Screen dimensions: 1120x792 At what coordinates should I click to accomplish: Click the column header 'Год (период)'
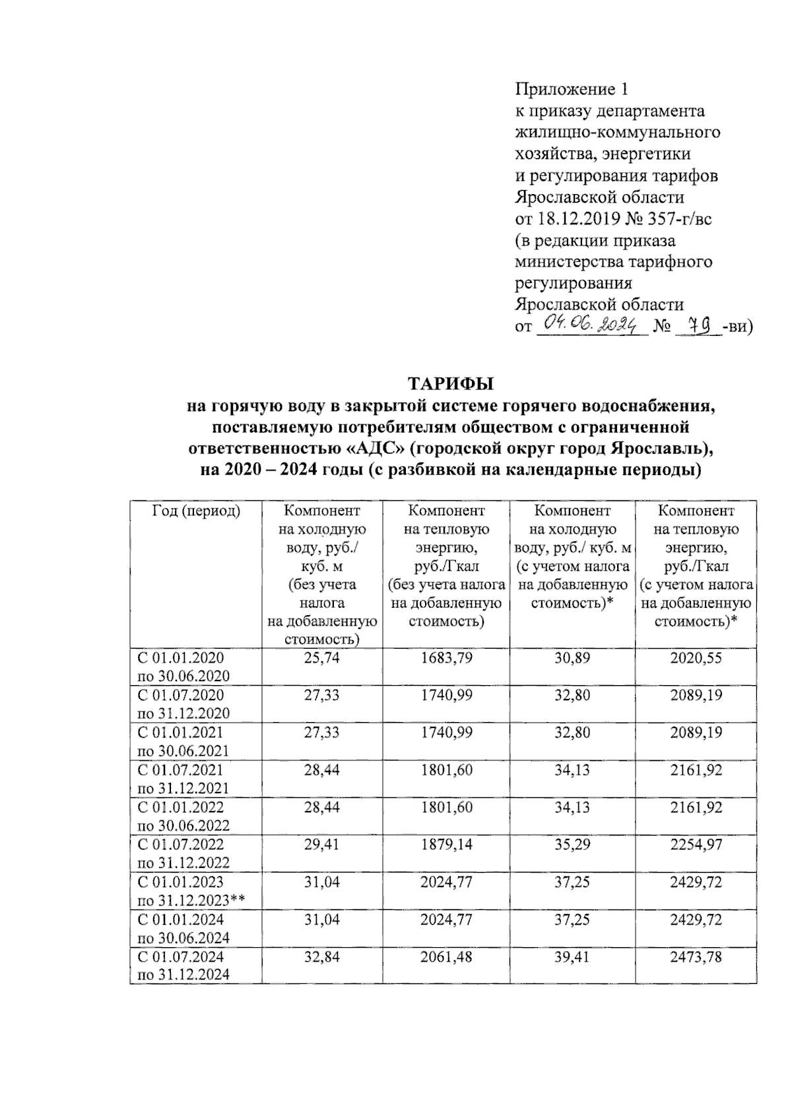196,511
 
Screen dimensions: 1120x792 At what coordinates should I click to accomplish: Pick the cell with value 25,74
321,658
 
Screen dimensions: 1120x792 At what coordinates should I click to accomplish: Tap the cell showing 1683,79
446,658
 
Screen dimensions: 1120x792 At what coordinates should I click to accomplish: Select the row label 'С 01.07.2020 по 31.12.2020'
183,704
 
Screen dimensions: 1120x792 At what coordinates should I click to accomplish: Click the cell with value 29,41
321,845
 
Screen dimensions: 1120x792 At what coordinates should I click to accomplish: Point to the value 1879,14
446,845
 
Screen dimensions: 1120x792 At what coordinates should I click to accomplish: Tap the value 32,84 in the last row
321,957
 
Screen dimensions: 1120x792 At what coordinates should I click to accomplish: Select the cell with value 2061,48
446,957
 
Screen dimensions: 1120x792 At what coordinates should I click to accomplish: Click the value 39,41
572,957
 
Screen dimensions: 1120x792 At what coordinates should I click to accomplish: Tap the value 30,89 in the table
572,658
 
